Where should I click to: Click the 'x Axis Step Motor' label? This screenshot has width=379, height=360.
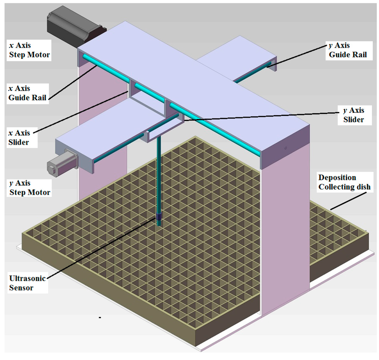[30, 51]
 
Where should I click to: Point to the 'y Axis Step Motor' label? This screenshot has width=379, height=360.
[30, 188]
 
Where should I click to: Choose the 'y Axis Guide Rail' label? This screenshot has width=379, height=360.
[348, 50]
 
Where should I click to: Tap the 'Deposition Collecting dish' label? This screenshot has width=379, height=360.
[344, 182]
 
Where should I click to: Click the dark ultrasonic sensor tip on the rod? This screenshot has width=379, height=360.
[159, 219]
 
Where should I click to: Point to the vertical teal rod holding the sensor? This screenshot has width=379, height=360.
[159, 174]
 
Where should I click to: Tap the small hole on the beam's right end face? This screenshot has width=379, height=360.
[286, 148]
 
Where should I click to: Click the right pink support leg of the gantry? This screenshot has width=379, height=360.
[285, 229]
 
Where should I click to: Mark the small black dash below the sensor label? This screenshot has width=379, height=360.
[100, 317]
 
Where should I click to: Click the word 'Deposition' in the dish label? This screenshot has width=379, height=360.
[337, 177]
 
